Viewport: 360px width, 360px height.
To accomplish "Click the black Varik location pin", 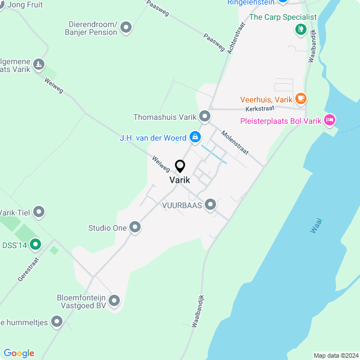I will click(x=180, y=166).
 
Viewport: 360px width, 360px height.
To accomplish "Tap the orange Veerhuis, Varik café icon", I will click(x=301, y=99).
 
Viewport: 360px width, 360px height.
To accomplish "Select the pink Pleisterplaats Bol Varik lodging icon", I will click(x=330, y=119).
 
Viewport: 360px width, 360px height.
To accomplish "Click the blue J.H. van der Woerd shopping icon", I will click(x=195, y=136).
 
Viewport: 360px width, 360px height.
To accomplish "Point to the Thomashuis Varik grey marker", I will click(x=205, y=116).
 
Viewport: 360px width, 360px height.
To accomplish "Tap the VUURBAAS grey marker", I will click(x=210, y=205).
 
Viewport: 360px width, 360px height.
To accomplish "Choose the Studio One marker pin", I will click(x=135, y=227).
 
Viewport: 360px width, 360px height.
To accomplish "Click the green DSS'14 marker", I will click(x=35, y=244).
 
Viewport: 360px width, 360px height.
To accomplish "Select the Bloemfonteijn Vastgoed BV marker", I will click(x=114, y=300).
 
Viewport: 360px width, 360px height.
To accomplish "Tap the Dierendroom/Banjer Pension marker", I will click(x=126, y=26).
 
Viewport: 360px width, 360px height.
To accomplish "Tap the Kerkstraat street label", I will click(x=259, y=108).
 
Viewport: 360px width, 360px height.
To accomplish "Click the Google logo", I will click(x=19, y=353).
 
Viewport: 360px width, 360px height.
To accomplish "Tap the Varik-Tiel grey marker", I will click(x=39, y=212).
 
